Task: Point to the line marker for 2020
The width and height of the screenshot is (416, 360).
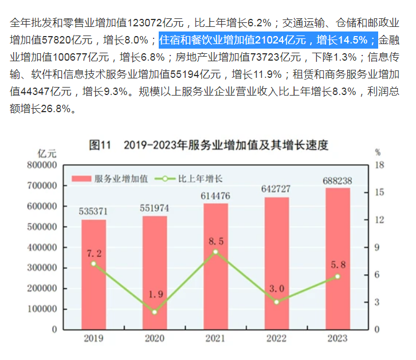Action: point(154,312)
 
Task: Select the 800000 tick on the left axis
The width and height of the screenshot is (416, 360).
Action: point(40,165)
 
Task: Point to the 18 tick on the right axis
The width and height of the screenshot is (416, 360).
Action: point(378,165)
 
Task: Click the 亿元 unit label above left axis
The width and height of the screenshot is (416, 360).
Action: point(47,153)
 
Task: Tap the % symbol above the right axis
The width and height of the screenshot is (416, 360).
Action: point(378,153)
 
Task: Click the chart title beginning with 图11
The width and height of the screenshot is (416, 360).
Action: point(209,145)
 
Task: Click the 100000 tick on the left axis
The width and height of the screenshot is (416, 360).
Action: point(40,309)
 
